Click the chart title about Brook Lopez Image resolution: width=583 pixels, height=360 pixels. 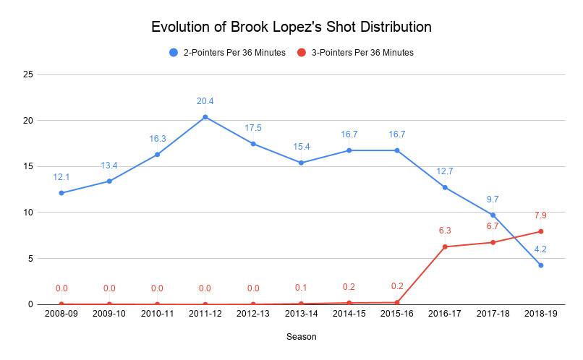(291, 27)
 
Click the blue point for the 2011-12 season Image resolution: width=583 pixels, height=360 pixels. (205, 117)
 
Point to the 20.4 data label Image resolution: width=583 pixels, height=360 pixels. (205, 102)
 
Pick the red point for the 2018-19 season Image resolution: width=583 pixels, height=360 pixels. (541, 231)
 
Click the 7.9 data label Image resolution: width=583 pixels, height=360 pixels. (541, 215)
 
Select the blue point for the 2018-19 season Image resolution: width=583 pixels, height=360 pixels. (541, 265)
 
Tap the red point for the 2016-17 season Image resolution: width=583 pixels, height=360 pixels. (445, 247)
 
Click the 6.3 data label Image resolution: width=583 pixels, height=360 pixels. (445, 231)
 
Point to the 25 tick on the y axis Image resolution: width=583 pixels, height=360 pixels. (28, 74)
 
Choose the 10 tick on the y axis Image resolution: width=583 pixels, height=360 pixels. (28, 213)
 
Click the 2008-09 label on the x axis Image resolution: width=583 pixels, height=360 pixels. (61, 316)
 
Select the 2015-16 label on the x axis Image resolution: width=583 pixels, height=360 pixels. (397, 316)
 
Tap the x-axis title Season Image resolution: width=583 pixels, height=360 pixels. (300, 337)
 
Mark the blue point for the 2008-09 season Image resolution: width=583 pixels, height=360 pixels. (61, 193)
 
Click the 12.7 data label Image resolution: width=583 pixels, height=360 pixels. (445, 171)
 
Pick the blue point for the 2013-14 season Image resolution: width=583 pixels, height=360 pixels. (301, 163)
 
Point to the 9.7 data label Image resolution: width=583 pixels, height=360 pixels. (493, 199)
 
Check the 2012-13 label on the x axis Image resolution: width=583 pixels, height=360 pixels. (253, 316)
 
